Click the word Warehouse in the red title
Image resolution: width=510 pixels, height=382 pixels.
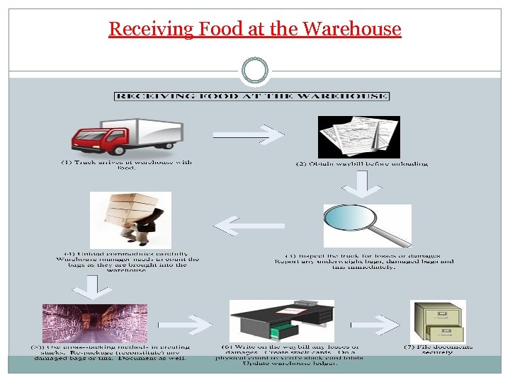pos(351,29)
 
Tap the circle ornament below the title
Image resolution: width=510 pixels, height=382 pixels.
pos(255,70)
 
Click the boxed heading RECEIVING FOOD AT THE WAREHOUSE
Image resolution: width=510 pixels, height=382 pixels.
pos(251,95)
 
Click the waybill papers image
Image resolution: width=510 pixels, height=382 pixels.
pos(358,137)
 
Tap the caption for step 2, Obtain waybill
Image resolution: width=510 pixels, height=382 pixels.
pos(362,163)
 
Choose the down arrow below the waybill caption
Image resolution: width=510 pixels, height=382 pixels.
pos(362,184)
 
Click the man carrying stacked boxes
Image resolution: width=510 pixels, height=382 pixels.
pos(130,219)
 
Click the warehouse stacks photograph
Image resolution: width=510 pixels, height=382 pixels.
pos(95,323)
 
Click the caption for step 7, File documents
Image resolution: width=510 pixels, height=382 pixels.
pos(438,349)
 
